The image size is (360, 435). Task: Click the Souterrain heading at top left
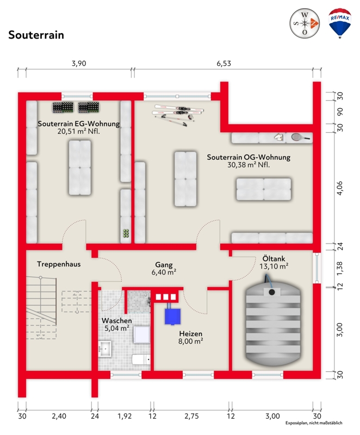point(36,35)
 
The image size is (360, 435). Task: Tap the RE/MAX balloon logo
point(340,23)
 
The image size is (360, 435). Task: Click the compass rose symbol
point(305,23)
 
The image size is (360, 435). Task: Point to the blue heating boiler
point(172,316)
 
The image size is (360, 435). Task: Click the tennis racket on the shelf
point(300,137)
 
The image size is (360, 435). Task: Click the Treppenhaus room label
point(59,264)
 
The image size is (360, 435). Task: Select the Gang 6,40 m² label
point(164,268)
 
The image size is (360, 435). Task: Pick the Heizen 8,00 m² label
point(190,337)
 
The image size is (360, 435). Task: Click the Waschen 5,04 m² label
point(116,324)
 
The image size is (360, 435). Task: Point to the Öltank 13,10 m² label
point(274,263)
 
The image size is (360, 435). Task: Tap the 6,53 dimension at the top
point(224,64)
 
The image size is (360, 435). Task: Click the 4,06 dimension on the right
point(340,188)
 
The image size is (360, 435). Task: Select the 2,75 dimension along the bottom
point(191,416)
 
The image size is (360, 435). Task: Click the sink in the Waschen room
point(105,349)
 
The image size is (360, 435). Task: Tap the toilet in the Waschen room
point(141,359)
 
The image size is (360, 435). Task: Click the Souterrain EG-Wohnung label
point(79,124)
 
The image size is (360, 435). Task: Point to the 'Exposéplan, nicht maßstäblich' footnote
point(314,423)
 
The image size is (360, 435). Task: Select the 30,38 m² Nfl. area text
point(249,165)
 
